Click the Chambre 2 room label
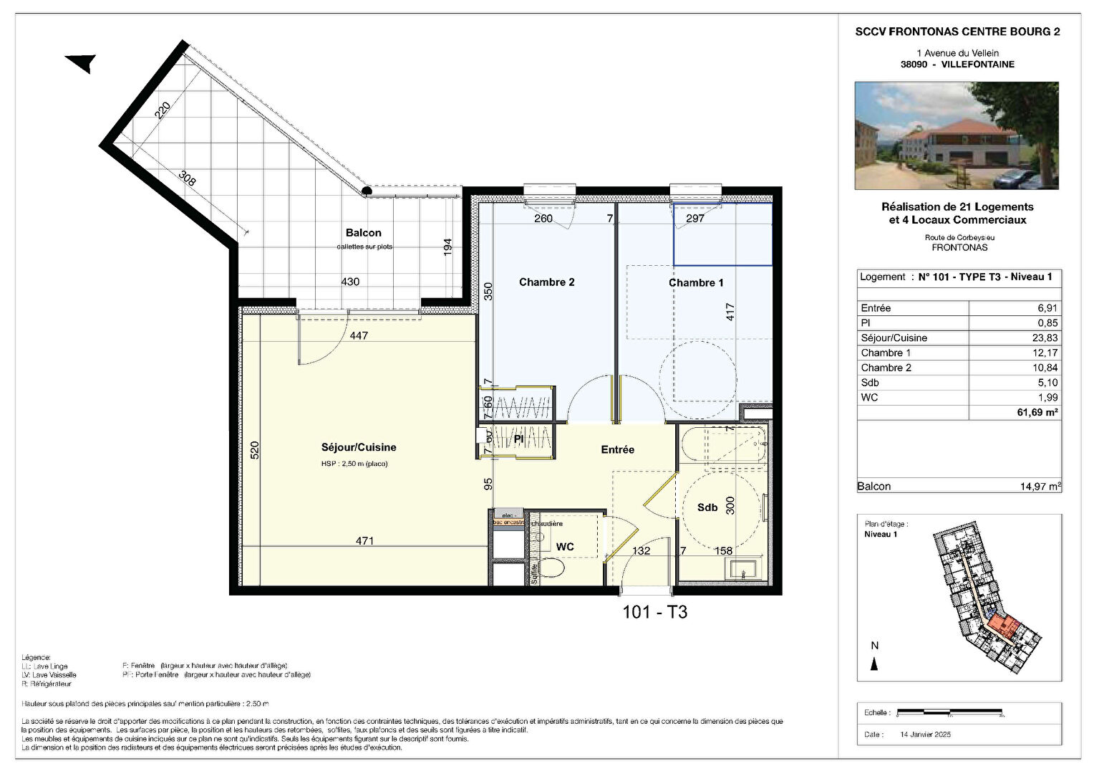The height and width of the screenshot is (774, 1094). click(x=546, y=282)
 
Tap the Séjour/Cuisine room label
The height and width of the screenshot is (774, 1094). click(x=358, y=447)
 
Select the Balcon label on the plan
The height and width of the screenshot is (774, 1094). click(x=363, y=233)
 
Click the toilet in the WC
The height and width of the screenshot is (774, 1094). click(x=551, y=568)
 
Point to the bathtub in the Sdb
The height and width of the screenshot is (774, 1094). click(x=723, y=444)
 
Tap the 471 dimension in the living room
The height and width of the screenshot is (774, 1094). click(x=364, y=541)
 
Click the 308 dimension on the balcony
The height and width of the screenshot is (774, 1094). click(x=186, y=178)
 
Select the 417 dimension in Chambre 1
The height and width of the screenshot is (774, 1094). click(x=730, y=312)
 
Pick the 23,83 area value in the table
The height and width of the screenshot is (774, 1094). click(x=1044, y=338)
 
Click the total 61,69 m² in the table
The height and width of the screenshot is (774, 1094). click(x=1037, y=412)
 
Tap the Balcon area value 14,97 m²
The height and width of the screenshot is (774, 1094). click(x=1040, y=487)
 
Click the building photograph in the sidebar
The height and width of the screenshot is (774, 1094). click(x=957, y=135)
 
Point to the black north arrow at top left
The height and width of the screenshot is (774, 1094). click(x=82, y=63)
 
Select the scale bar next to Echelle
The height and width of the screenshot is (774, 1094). click(x=950, y=712)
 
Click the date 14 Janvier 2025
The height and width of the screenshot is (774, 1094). click(x=925, y=735)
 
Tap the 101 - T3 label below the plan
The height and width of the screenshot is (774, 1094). click(x=654, y=612)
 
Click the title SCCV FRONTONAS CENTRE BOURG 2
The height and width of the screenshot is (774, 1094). click(x=957, y=32)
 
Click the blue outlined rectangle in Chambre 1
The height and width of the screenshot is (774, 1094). click(x=722, y=234)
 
